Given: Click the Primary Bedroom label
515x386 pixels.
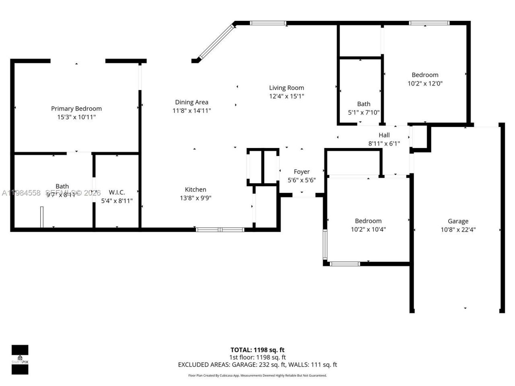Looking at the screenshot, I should (x=76, y=109).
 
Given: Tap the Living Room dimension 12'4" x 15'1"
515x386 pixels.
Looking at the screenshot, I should (x=286, y=96).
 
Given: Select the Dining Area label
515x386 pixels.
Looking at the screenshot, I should (x=192, y=102).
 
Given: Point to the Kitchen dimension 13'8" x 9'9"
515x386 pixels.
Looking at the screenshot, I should (x=196, y=198).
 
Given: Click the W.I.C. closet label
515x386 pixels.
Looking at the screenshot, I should (x=117, y=192).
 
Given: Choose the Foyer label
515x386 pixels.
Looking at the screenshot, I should (x=301, y=172).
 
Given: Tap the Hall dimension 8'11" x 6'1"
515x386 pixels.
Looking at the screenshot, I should (x=384, y=144).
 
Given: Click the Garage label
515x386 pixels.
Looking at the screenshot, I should (x=458, y=221).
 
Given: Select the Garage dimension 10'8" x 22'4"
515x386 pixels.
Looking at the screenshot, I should (x=458, y=230).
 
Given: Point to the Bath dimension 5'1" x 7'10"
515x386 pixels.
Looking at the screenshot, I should (x=363, y=113).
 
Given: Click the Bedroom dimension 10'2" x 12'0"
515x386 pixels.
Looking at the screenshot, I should (x=425, y=84).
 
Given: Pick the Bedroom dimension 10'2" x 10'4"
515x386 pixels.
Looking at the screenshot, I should (x=368, y=230).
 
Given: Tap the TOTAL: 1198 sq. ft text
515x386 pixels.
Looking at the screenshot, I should (x=257, y=350).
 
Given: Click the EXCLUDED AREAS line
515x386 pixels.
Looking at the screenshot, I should (x=257, y=365).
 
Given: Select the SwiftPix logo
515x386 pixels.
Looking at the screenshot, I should (x=20, y=359).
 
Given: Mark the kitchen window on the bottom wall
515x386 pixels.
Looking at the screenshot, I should (x=220, y=230).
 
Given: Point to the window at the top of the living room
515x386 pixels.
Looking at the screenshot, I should (x=268, y=23).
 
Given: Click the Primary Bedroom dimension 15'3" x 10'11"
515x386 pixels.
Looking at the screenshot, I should (x=76, y=117).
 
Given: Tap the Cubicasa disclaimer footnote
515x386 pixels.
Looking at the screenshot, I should (x=257, y=376).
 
